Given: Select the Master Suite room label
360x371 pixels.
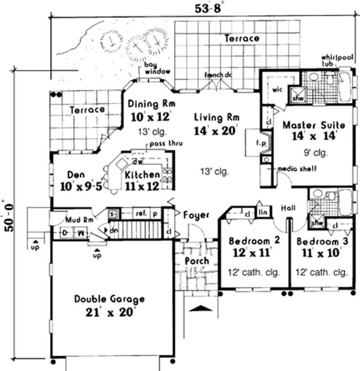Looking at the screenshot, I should tap(314, 125).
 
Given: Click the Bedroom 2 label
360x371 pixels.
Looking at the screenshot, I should tap(254, 240).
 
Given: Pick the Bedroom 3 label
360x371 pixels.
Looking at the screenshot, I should tap(322, 241).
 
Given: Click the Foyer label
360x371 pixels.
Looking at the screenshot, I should tap(197, 215).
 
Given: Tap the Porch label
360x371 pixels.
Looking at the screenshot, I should tap(197, 261).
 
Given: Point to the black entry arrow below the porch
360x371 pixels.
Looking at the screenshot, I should tap(202, 308).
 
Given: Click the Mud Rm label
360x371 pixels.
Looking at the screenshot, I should tap(79, 220).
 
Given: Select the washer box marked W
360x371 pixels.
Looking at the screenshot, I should tap(81, 233).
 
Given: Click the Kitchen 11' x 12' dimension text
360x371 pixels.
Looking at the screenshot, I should tap(142, 185).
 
